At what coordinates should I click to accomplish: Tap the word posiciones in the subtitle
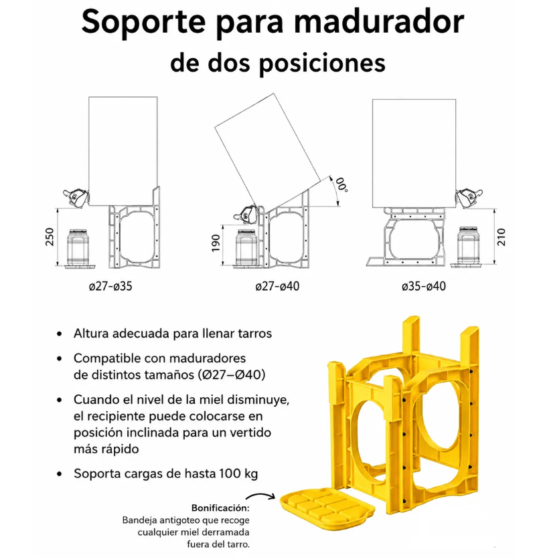click(321, 63)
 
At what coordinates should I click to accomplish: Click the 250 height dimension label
click(50, 237)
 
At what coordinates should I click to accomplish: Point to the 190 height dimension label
click(215, 243)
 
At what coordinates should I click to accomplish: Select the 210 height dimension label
click(501, 237)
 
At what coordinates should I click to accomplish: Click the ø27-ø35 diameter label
click(110, 286)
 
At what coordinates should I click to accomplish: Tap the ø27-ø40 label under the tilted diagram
click(277, 286)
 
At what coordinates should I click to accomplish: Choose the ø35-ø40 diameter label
click(424, 286)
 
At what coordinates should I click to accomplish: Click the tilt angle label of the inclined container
click(342, 185)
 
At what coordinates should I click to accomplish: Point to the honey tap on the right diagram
click(468, 198)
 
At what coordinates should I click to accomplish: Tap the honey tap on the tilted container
click(247, 215)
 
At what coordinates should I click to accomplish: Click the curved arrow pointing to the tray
click(260, 496)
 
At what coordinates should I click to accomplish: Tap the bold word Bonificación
click(220, 508)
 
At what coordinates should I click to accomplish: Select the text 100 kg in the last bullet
click(238, 474)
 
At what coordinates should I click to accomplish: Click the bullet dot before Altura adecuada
click(59, 334)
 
